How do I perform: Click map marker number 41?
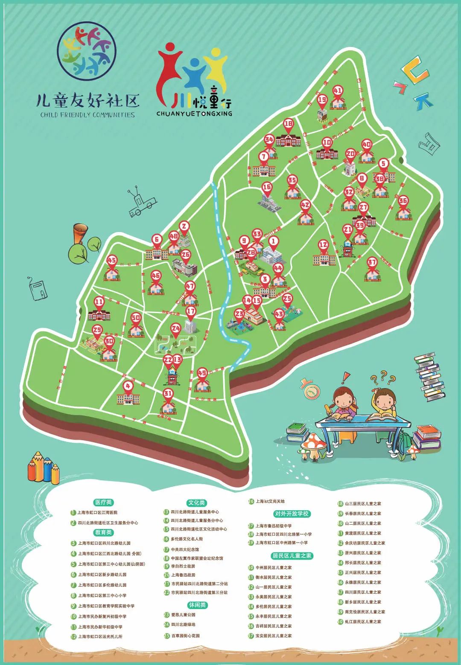(338, 91)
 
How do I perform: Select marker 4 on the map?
(128, 386)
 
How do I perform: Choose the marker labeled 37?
(372, 262)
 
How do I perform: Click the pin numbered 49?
(202, 373)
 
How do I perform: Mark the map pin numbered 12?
(323, 245)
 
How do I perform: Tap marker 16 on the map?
(267, 187)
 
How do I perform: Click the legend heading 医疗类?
(104, 502)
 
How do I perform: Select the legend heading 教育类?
(104, 532)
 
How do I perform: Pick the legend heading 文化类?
(196, 502)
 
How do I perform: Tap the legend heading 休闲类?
(197, 605)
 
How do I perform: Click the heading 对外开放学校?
(292, 514)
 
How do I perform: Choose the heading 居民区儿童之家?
(292, 556)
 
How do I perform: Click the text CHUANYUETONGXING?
(194, 114)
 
